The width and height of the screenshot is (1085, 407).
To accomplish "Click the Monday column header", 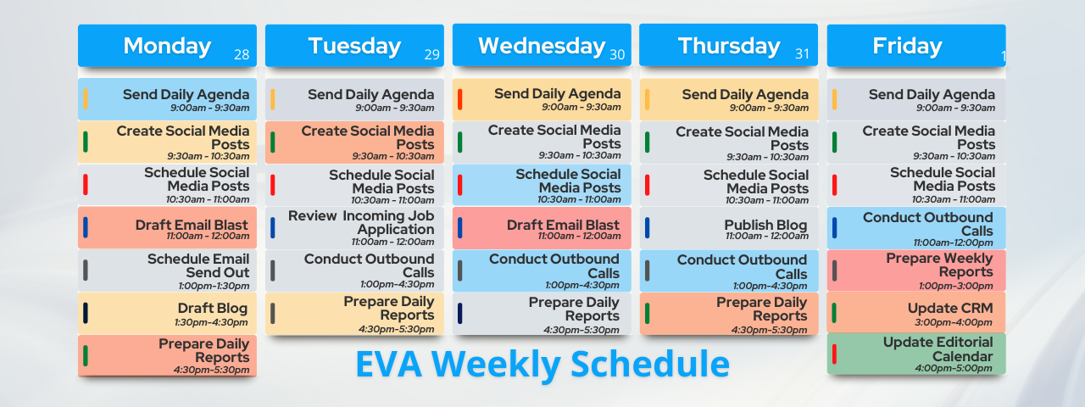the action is pyautogui.click(x=167, y=46).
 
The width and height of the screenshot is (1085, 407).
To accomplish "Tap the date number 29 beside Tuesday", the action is pyautogui.click(x=431, y=54).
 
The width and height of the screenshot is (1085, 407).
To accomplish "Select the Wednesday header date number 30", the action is pyautogui.click(x=616, y=54).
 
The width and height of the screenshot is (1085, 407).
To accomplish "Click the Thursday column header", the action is pyautogui.click(x=728, y=45).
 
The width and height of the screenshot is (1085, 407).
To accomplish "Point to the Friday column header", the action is pyautogui.click(x=916, y=46).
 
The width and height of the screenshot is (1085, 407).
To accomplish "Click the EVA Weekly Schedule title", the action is pyautogui.click(x=542, y=364).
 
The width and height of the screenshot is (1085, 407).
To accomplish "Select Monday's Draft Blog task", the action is pyautogui.click(x=167, y=313).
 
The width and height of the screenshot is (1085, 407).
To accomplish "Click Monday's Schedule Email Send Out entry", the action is pyautogui.click(x=167, y=270).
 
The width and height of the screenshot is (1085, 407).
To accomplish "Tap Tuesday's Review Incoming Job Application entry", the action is pyautogui.click(x=354, y=228).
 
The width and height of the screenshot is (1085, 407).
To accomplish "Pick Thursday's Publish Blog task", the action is pyautogui.click(x=728, y=228).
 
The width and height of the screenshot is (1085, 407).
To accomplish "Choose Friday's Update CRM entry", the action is pyautogui.click(x=916, y=313).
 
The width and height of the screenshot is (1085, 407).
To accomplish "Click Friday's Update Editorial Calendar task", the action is pyautogui.click(x=916, y=354).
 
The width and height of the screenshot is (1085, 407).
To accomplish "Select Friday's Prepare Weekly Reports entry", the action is pyautogui.click(x=916, y=270).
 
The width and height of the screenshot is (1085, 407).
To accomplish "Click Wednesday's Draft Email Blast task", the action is pyautogui.click(x=542, y=228).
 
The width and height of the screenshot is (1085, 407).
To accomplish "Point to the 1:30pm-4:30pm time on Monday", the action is pyautogui.click(x=211, y=322).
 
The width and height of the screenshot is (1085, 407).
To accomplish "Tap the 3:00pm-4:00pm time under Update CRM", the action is pyautogui.click(x=954, y=322).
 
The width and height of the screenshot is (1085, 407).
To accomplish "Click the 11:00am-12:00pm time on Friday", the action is pyautogui.click(x=953, y=243).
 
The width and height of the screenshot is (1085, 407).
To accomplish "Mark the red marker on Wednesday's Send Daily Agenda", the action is pyautogui.click(x=459, y=99).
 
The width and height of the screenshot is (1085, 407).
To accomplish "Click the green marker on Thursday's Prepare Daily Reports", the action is pyautogui.click(x=647, y=314).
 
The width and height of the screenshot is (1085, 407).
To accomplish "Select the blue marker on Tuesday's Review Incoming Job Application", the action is pyautogui.click(x=273, y=228).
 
